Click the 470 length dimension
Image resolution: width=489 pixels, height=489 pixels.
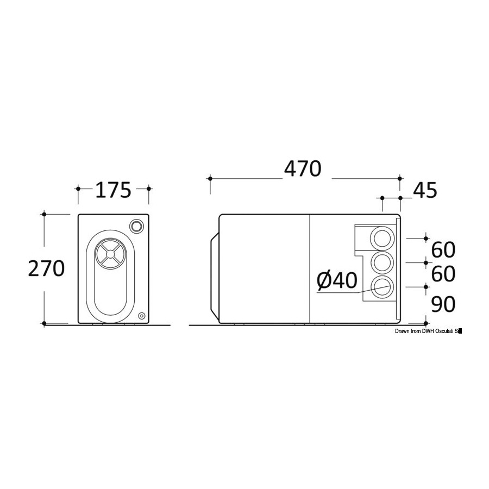302,169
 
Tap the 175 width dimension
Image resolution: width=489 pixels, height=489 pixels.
113,190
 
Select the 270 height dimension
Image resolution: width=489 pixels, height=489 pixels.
46,268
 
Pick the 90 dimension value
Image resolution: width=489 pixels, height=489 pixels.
443,304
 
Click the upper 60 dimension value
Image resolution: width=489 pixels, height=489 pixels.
443,250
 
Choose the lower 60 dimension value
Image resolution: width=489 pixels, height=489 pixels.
443,274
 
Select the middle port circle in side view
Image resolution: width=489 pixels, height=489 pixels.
383,262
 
